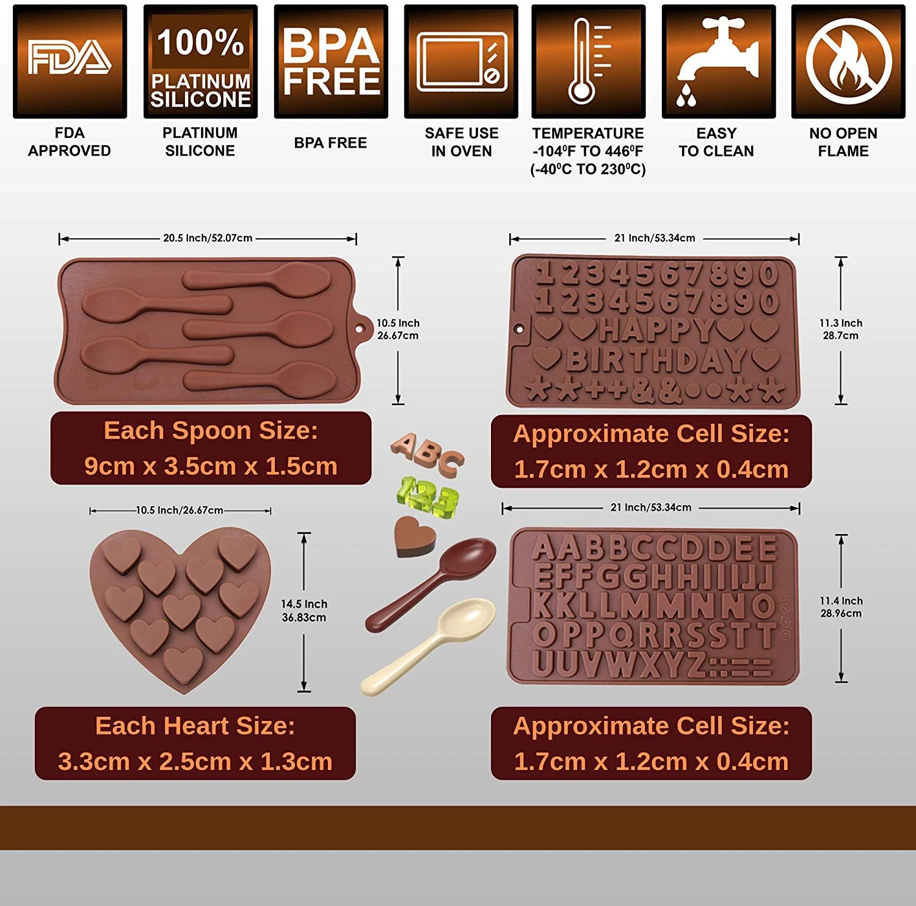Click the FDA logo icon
[70, 62]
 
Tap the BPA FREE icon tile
[331, 62]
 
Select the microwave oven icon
[461, 62]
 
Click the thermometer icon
[588, 62]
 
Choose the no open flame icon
[848, 62]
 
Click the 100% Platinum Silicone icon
[200, 62]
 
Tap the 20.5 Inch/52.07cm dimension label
[208, 238]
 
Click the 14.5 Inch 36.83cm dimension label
[304, 611]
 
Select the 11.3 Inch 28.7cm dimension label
[841, 329]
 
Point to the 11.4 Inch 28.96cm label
[841, 607]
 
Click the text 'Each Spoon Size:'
[211, 430]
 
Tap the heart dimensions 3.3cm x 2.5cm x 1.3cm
[195, 761]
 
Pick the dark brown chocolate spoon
[431, 584]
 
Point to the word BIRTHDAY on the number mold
[656, 359]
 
